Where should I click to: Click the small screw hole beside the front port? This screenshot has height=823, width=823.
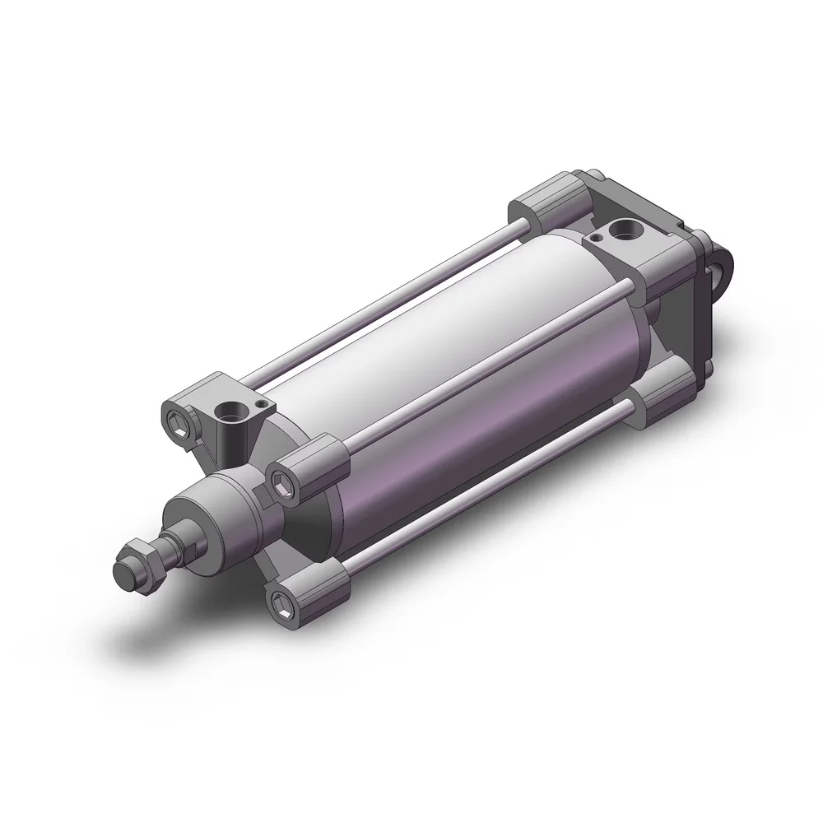pos(261,404)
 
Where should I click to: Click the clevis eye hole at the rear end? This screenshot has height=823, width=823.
pos(727,266)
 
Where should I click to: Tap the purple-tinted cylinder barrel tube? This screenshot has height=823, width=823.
pos(461,411)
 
